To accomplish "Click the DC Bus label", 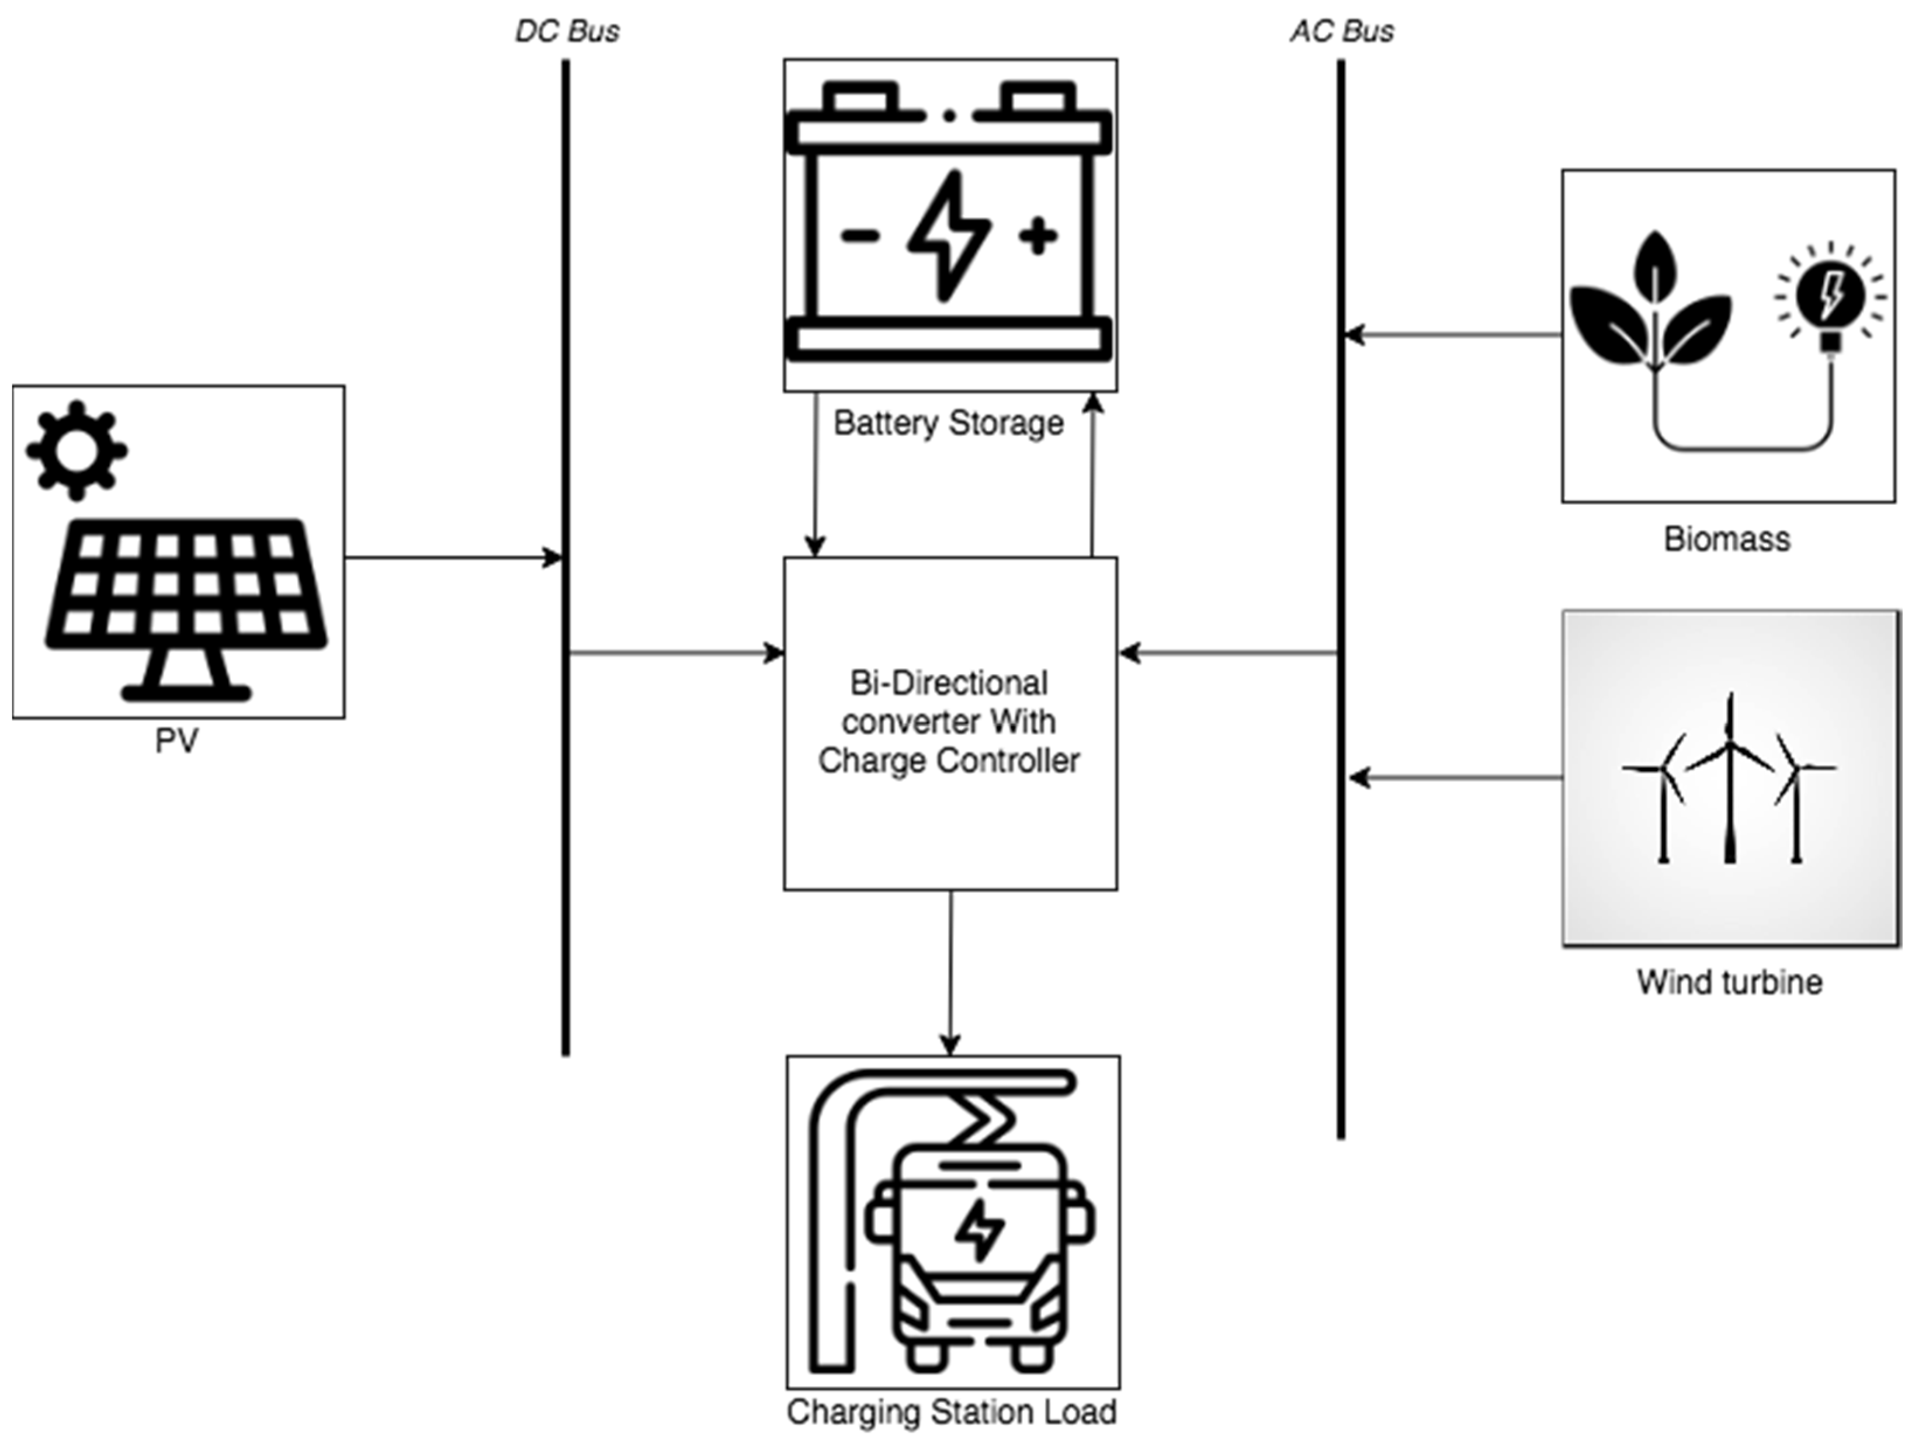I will tap(567, 31).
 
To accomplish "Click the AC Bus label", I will tap(1341, 31).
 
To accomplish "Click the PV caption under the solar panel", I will tap(177, 741).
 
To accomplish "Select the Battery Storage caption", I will tap(948, 424).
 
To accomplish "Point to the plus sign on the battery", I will tap(1038, 236).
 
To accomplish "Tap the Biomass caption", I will tap(1727, 539).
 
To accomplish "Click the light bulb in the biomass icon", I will tap(1829, 298).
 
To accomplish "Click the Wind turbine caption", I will tap(1729, 983).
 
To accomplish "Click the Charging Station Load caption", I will tap(951, 1411).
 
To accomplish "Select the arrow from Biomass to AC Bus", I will tap(1452, 335).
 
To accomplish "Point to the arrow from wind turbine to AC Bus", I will tap(1456, 778).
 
